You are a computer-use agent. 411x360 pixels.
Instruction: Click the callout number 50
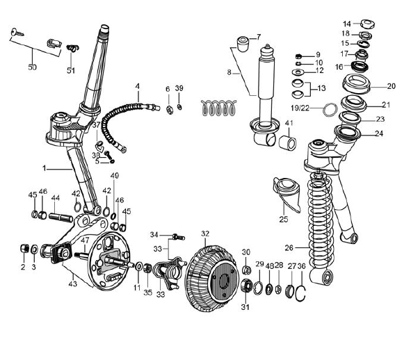tap(32, 67)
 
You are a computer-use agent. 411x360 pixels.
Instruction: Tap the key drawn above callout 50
tap(17, 33)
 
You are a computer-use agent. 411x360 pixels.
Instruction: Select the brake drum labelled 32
tap(212, 279)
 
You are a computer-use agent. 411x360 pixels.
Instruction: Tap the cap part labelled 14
tap(368, 24)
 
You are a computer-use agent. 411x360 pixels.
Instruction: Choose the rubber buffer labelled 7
tap(243, 44)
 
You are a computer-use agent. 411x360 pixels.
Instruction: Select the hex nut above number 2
tap(24, 248)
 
